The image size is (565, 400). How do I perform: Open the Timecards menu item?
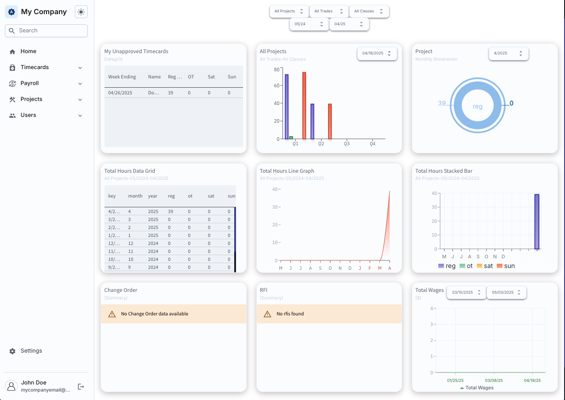tap(35, 67)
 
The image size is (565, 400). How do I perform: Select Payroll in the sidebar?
tap(30, 83)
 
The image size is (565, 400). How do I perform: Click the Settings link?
tap(31, 351)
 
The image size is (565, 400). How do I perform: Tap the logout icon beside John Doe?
tap(81, 387)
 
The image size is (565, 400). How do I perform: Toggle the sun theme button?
tap(81, 12)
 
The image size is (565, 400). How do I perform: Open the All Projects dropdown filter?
tap(289, 12)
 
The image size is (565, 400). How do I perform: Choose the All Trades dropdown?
tap(329, 12)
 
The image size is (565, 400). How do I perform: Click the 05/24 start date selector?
tap(309, 24)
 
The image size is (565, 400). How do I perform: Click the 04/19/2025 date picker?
tap(377, 53)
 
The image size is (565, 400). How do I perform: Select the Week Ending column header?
tap(122, 77)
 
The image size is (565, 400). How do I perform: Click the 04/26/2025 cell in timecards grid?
tap(120, 93)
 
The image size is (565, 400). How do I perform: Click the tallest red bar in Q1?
tap(304, 105)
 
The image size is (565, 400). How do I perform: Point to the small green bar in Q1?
tap(291, 138)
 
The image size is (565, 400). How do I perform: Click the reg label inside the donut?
tap(477, 106)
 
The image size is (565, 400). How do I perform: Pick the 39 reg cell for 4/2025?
tap(170, 211)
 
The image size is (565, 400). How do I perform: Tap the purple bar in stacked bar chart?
tap(537, 221)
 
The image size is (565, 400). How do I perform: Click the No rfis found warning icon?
tap(267, 314)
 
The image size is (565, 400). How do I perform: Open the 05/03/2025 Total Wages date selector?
tap(506, 292)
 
